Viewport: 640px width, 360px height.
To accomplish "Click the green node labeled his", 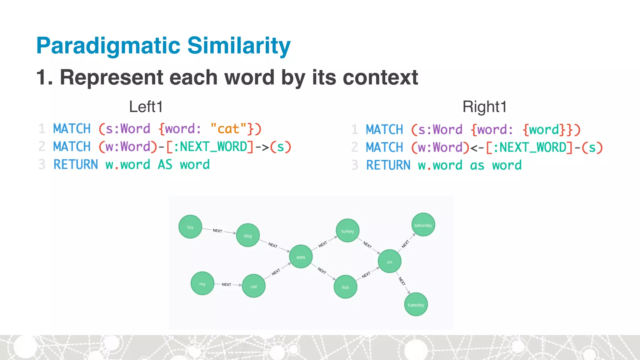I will (190, 227).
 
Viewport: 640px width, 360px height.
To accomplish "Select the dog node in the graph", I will (248, 235).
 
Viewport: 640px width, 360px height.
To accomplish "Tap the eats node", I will (301, 257).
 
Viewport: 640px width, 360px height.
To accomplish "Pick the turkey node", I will (347, 231).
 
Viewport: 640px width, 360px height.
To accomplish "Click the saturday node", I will (423, 225).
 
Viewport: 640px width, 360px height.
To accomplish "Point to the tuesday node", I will (416, 304).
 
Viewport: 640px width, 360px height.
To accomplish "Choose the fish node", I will (345, 287).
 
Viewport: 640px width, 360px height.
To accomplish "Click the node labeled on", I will (389, 262).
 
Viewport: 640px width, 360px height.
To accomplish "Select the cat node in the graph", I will (253, 286).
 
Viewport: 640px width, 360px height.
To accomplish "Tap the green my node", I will (202, 284).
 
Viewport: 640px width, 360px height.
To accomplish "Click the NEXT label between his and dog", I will (217, 231).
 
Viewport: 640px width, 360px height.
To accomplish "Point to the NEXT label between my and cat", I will (226, 284).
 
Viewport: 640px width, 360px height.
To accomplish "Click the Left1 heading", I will (146, 107).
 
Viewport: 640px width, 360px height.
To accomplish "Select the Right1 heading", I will (484, 107).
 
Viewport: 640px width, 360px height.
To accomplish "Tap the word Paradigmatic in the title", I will (108, 46).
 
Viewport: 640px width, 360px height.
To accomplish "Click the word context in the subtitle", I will (380, 77).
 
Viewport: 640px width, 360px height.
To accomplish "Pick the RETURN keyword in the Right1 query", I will (388, 165).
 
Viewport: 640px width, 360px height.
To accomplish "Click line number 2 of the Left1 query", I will (42, 147).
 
